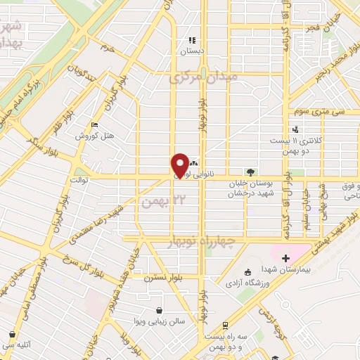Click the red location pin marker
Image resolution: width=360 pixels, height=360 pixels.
pyautogui.click(x=180, y=164)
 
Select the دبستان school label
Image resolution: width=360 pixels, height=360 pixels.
pyautogui.click(x=192, y=51)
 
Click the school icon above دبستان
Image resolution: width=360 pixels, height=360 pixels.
pyautogui.click(x=192, y=40)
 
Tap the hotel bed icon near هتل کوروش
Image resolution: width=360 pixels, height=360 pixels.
pyautogui.click(x=95, y=124)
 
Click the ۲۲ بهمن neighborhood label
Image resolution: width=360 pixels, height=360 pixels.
pyautogui.click(x=156, y=201)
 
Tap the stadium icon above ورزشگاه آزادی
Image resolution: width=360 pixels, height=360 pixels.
pyautogui.click(x=247, y=273)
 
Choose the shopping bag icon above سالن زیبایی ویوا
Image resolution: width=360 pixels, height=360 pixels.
pyautogui.click(x=161, y=310)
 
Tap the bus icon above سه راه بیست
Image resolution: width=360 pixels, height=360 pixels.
pyautogui.click(x=224, y=326)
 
